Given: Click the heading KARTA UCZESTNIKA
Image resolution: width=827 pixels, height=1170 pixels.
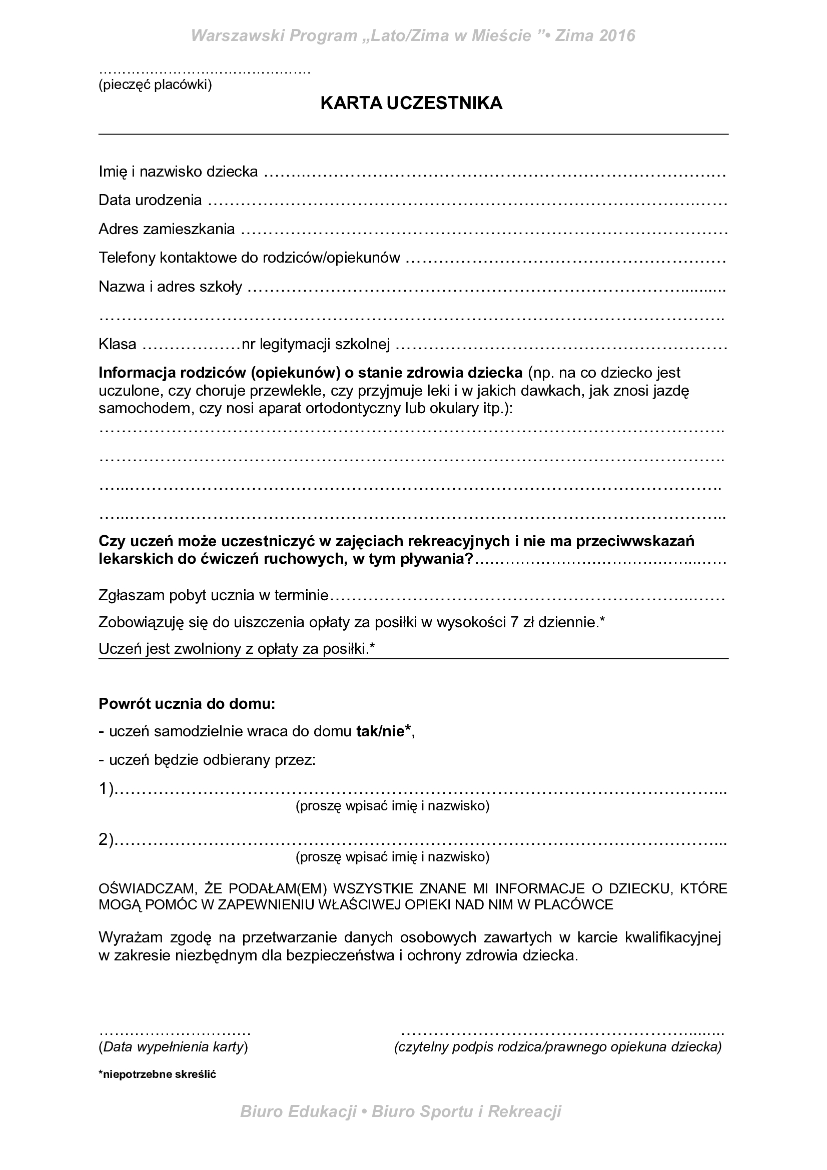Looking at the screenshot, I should [411, 104].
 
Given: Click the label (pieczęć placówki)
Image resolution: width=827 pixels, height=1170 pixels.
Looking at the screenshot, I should [155, 85].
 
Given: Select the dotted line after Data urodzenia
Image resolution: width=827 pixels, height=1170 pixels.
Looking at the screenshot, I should [466, 202].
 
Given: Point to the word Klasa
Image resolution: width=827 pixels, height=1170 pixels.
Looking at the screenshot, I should [117, 345].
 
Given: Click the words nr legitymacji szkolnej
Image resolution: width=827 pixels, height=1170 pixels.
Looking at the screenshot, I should [315, 345].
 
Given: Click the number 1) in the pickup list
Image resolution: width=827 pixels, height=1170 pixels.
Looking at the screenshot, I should [106, 789].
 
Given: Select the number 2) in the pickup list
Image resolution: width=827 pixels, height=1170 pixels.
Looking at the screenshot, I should [106, 839].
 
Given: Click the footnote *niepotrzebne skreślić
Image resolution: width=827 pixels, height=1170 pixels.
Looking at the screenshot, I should [158, 1074].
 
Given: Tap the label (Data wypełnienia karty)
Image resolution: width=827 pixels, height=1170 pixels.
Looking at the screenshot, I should [173, 1047].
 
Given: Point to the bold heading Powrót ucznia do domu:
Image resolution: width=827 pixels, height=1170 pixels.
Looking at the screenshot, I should [187, 704].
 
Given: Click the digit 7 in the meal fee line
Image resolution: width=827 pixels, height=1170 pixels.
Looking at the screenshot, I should [515, 622].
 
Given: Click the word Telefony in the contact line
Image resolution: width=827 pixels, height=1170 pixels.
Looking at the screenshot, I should [127, 258].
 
